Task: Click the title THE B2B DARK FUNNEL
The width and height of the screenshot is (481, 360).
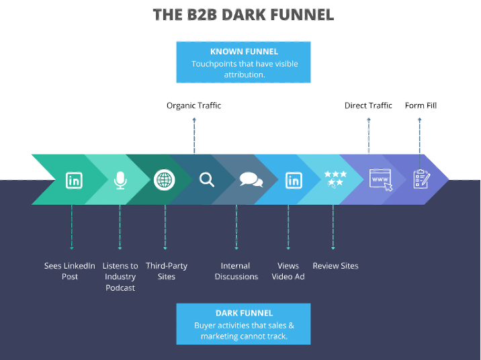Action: [243, 14]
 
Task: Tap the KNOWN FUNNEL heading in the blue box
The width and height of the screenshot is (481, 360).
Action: [244, 51]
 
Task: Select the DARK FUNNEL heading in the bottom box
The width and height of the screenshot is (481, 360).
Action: [244, 313]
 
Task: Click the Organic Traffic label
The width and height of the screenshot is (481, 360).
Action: [193, 105]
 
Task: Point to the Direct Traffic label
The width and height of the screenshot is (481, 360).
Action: [368, 105]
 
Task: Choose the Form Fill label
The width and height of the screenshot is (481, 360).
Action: [421, 105]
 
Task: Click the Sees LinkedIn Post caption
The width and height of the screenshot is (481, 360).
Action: [70, 271]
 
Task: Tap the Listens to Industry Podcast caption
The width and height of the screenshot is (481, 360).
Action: [120, 277]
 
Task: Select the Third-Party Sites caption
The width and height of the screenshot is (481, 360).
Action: [166, 271]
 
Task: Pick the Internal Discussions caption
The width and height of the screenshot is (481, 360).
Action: [236, 271]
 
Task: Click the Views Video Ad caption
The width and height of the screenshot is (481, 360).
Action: [288, 271]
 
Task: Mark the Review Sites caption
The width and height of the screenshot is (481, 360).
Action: [335, 266]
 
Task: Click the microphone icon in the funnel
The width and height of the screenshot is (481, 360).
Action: [120, 180]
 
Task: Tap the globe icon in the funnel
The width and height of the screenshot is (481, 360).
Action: [163, 180]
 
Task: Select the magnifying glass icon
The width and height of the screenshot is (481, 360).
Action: [207, 180]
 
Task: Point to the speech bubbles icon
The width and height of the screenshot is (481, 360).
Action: [251, 180]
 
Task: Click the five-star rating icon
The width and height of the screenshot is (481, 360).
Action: [335, 178]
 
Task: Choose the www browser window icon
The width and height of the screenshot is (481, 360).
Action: [380, 180]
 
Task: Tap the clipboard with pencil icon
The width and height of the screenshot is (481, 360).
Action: [421, 179]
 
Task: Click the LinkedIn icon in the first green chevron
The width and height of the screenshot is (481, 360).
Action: [74, 180]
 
